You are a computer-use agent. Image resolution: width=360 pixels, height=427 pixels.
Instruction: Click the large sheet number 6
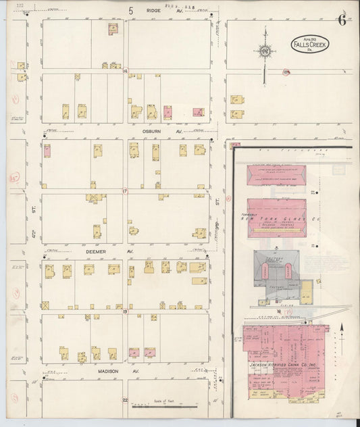pos(342,20)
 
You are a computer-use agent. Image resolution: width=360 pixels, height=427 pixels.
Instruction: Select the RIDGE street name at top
pos(154,11)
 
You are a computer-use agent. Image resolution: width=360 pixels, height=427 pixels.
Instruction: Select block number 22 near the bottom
pos(125,400)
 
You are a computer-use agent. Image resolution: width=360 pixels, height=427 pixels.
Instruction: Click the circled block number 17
pos(125,191)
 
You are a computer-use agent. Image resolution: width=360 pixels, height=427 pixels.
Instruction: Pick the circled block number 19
pos(125,311)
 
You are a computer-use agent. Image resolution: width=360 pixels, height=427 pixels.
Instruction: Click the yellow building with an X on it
pos(45,305)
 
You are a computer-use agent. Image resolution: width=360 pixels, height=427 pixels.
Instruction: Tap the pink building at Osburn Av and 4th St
pos(47,151)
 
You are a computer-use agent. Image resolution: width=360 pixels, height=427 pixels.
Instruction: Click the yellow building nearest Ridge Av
pos(113,29)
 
